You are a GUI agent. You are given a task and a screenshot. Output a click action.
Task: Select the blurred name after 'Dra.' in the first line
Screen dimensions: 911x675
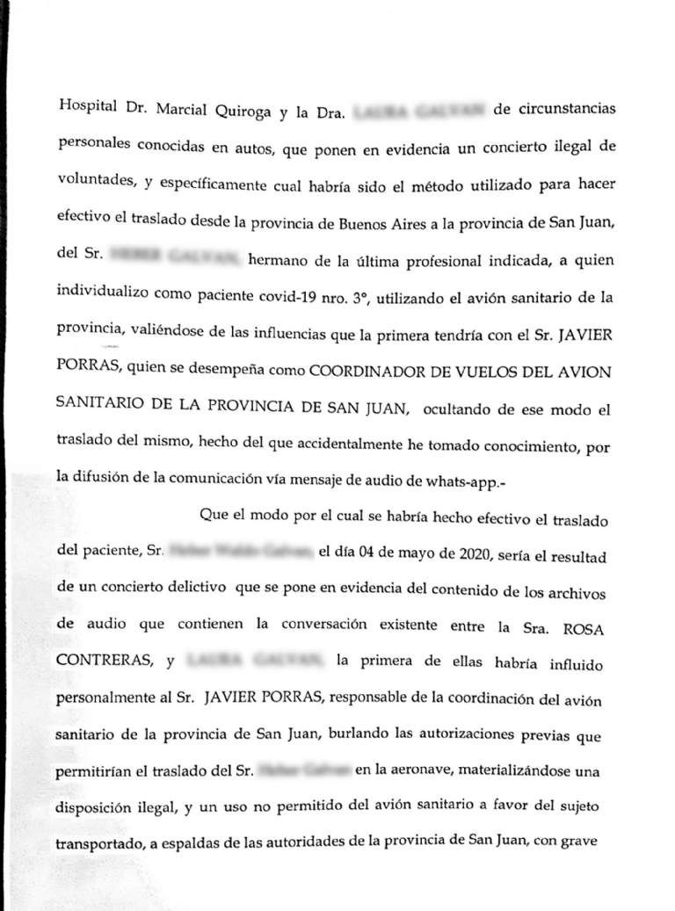[x=414, y=112]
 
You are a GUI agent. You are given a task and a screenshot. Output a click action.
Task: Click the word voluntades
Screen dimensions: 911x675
[x=92, y=185]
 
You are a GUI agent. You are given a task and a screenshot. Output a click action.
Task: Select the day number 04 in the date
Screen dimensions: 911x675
[x=368, y=553]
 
